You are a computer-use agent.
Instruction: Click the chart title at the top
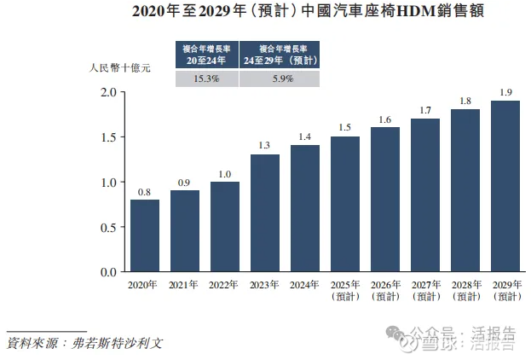[x=266, y=14]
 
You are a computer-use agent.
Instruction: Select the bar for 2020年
[x=145, y=235]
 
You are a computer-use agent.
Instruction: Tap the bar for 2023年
[x=265, y=213]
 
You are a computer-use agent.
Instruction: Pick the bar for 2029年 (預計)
[x=505, y=186]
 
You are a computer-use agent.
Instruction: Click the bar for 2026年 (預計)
[x=385, y=200]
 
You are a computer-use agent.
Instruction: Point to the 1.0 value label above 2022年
[x=225, y=174]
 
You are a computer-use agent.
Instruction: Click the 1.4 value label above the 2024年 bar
[x=305, y=137]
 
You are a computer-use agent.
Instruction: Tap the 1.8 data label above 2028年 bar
[x=465, y=102]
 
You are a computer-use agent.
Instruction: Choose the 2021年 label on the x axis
[x=185, y=285]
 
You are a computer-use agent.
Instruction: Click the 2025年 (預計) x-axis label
[x=345, y=290]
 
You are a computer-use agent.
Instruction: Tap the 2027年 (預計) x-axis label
[x=425, y=290]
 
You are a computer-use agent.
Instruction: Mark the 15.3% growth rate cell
[x=205, y=78]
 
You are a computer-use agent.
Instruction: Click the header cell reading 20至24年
[x=205, y=54]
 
